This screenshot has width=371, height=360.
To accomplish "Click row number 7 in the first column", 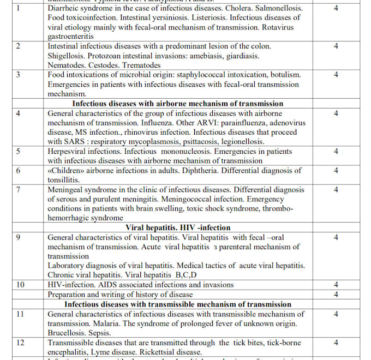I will (19, 189).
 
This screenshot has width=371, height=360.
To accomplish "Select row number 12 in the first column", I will (20, 343).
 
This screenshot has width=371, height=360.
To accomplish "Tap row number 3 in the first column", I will (19, 75).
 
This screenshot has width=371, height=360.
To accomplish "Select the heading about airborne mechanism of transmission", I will (178, 103).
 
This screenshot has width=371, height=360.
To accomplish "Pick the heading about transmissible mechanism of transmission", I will (178, 304).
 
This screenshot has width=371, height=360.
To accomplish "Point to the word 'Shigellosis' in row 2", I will (68, 56).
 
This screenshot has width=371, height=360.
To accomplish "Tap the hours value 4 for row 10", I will (336, 285).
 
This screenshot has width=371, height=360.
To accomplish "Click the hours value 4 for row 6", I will (336, 171).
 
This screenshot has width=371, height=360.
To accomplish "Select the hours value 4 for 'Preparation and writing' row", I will (336, 295).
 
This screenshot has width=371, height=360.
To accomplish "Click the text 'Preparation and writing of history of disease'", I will (120, 295).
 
